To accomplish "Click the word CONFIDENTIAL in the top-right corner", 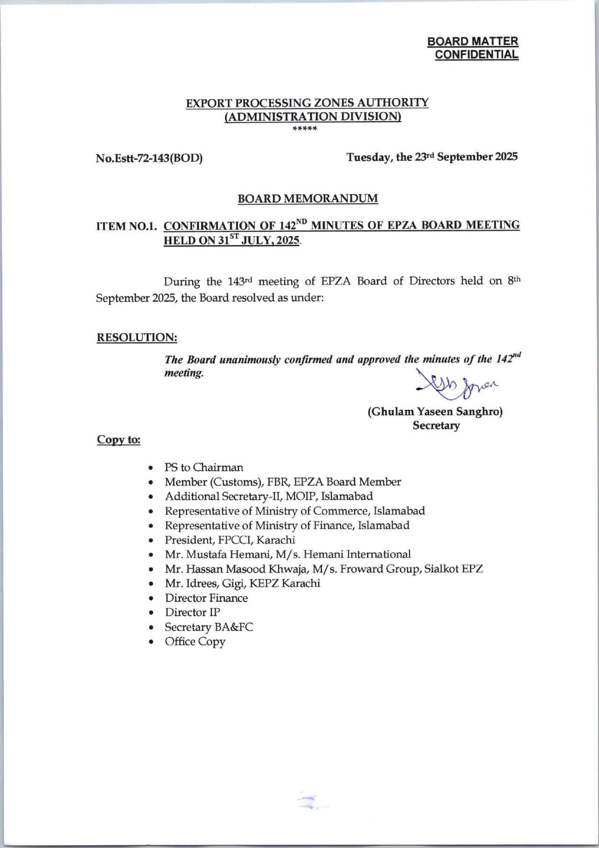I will coord(476,55).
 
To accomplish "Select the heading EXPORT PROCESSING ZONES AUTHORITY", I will coord(307,103).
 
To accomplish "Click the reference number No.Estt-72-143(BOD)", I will coord(149,158).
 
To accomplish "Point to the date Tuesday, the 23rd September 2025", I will coord(432,157).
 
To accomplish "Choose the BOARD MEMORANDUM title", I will coord(308,199).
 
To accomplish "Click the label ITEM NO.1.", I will coord(127,226).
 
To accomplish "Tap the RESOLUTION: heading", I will coord(137,338).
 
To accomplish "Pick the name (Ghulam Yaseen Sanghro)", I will coord(435,412).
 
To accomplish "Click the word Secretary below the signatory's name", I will coord(436,426).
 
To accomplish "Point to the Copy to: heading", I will coord(118,440).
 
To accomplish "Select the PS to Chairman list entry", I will coord(204,467).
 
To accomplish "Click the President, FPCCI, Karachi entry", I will coord(230,540).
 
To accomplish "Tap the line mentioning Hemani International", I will coord(288,554).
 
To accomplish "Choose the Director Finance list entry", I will coord(206,598).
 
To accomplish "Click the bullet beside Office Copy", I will coord(151,642).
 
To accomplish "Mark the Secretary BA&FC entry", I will coord(209,627).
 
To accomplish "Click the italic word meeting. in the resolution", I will coord(184,373).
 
